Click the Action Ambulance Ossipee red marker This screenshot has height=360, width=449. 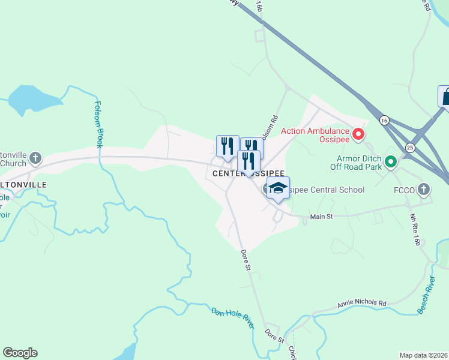point(358,134)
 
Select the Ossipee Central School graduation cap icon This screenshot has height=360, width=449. point(278,187)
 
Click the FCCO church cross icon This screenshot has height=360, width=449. point(424,190)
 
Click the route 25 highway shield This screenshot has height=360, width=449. point(410,147)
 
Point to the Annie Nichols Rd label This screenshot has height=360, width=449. point(361,304)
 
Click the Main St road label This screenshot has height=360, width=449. point(321,215)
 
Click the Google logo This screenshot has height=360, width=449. point(20,353)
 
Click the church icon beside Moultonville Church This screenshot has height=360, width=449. point(35,158)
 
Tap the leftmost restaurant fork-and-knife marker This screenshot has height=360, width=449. point(228,146)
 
